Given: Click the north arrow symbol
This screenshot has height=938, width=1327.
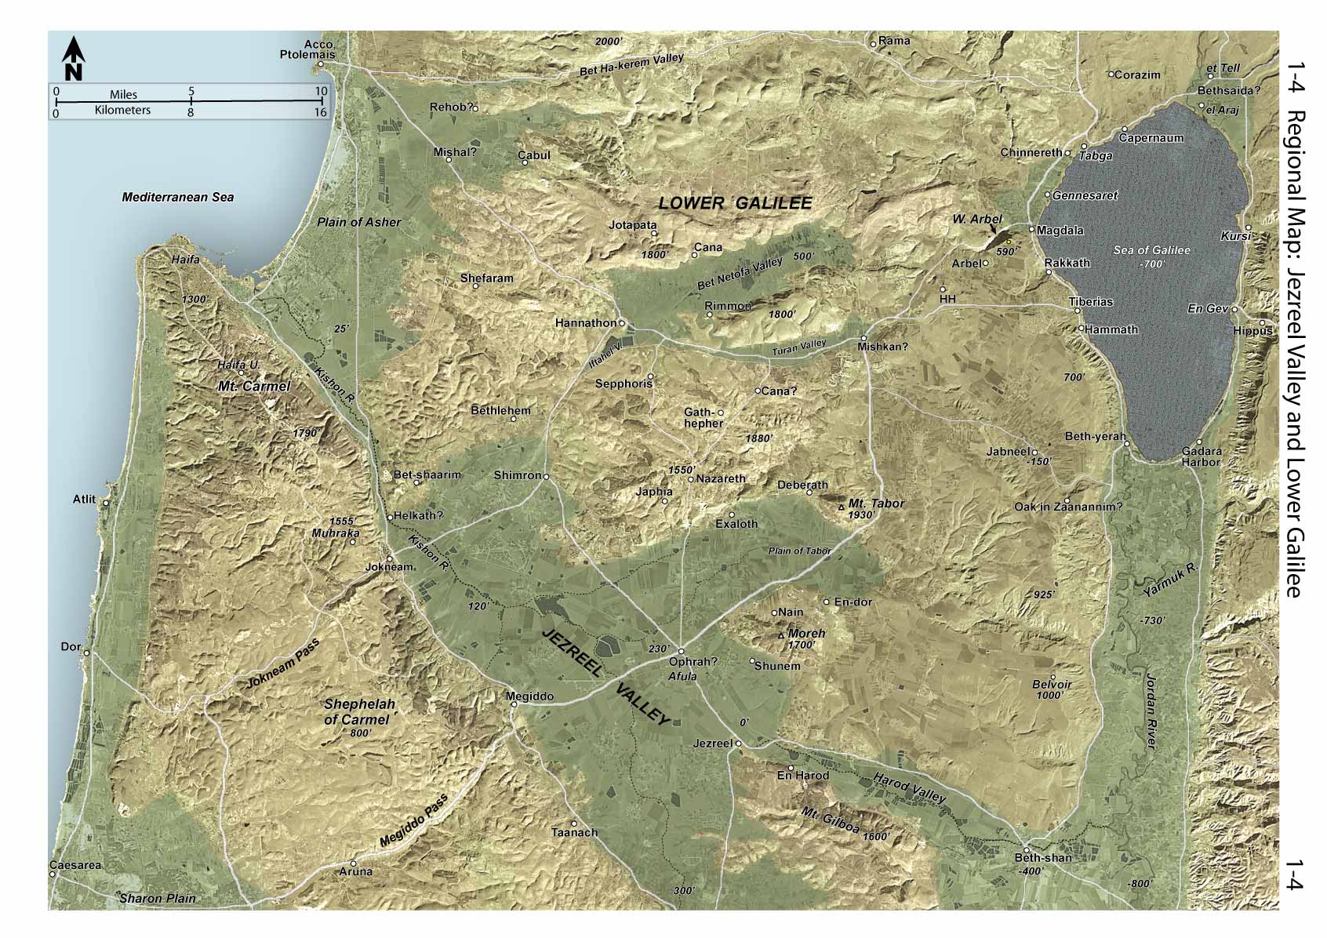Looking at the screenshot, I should pos(73,57).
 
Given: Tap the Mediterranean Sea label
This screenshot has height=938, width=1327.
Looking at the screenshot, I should pos(177,198).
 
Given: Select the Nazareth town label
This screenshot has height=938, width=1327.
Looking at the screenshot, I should pos(721,478).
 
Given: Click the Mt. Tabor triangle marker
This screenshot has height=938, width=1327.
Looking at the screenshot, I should pos(842,508).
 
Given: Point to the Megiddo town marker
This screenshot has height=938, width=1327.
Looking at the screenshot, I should pos(514,704).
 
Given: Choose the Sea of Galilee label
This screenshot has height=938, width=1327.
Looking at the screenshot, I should pos(1151,250).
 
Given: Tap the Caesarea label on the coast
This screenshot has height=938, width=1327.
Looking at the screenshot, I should pos(75,866).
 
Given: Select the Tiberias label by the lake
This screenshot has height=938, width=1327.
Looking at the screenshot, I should pos(1090,302).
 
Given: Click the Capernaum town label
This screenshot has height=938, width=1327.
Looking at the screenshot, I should pos(1151,138).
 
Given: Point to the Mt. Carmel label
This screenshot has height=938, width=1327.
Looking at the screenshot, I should pos(253,386).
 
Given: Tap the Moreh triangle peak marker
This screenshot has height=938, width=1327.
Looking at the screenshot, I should pos(780,634).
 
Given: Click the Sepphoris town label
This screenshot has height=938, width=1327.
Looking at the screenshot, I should pos(624,384).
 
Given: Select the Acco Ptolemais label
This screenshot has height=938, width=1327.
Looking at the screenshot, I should pos(308,49).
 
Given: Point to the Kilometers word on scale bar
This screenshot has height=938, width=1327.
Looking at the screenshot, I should pos(122,111).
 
